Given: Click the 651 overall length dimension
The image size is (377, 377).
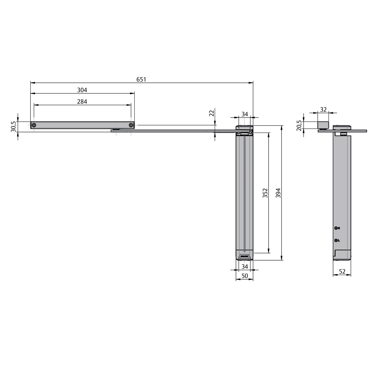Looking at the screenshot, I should pyautogui.click(x=141, y=79).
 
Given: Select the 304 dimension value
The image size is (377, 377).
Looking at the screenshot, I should pyautogui.click(x=82, y=90).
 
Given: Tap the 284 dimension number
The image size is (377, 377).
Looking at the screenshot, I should pyautogui.click(x=82, y=102).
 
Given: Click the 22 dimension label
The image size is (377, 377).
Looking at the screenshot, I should pyautogui.click(x=211, y=113).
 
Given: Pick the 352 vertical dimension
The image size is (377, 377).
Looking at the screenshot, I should pyautogui.click(x=265, y=193).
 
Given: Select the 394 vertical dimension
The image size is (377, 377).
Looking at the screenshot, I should pyautogui.click(x=278, y=193).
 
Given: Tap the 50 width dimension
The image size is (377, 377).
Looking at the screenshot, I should pyautogui.click(x=244, y=276).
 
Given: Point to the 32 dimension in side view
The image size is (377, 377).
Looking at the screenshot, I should pyautogui.click(x=323, y=109).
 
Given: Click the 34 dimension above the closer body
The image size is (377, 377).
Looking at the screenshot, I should pyautogui.click(x=244, y=114).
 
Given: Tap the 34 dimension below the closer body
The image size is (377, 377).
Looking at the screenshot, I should pyautogui.click(x=244, y=267).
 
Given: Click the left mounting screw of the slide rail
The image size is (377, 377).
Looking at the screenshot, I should pyautogui.click(x=34, y=125).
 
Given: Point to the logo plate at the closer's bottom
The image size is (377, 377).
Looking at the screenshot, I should pyautogui.click(x=244, y=257).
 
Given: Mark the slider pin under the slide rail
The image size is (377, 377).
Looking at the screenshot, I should pyautogui.click(x=117, y=129).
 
